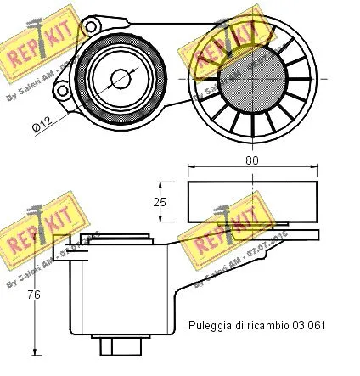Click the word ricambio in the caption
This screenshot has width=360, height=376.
[x=268, y=324]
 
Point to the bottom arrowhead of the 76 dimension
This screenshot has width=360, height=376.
[x=36, y=350]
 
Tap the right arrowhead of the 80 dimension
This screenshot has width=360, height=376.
[x=317, y=167]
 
